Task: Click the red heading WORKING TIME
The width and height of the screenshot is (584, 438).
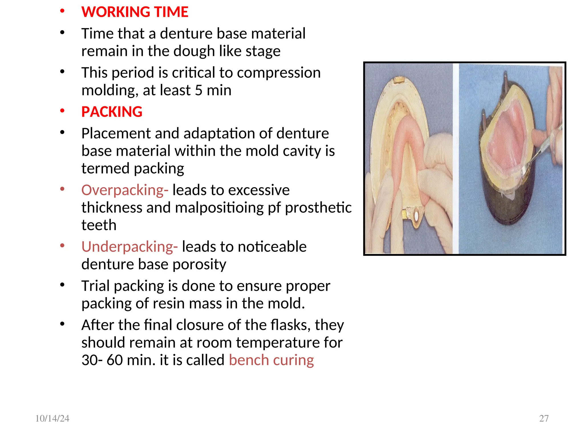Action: tap(135, 12)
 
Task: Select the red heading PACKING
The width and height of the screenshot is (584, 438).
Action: tap(112, 112)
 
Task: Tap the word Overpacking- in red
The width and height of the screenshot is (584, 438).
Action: tap(125, 190)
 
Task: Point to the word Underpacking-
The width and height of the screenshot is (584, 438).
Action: tap(129, 247)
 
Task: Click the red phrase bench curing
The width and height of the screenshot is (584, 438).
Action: tap(271, 360)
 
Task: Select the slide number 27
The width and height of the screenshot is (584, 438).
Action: tap(544, 418)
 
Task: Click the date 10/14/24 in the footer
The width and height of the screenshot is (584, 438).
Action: tap(52, 418)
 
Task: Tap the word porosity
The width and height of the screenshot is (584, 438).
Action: tap(200, 264)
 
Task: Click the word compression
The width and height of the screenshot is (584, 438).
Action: tap(279, 73)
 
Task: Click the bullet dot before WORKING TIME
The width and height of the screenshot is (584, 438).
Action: tap(62, 11)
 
